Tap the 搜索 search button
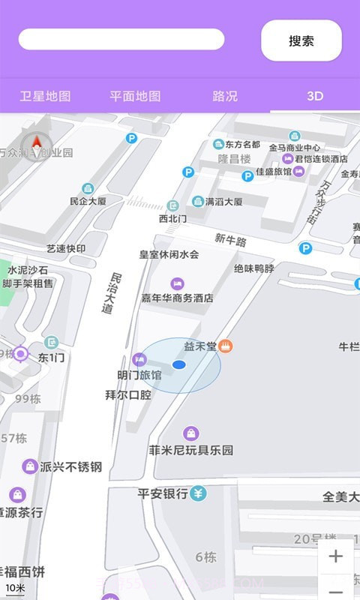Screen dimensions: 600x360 301,40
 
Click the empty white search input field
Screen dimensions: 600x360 121,39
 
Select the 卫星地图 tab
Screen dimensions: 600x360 45,96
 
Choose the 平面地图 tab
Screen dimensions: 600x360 135,96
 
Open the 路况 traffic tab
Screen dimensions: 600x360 225,96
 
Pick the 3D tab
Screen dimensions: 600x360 315,96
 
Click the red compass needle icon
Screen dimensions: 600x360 35,143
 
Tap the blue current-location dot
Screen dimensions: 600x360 178,364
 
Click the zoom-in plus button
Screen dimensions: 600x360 335,556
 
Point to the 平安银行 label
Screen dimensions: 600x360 162,493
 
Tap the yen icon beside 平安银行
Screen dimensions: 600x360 198,493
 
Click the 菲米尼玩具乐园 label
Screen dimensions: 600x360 191,451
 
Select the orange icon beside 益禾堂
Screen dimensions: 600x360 226,346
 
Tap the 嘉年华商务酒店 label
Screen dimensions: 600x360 178,298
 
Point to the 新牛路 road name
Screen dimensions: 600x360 230,240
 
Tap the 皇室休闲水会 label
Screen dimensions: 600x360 169,254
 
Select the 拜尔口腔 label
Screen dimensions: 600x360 128,394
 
